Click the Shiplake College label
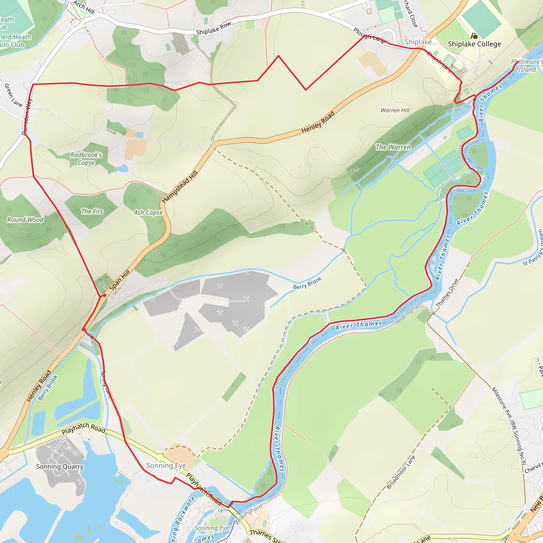474,44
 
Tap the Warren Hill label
395,111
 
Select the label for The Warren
393,147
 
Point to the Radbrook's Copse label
86,159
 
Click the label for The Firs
92,211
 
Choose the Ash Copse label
148,213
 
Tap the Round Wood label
25,220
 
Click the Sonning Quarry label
60,467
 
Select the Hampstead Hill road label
180,187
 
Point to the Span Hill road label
120,280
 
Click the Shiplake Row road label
214,28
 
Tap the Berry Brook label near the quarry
307,283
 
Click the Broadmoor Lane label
401,472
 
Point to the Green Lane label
13,95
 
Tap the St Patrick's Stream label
533,248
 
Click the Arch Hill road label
84,7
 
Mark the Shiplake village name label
418,42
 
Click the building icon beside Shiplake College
474,36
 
